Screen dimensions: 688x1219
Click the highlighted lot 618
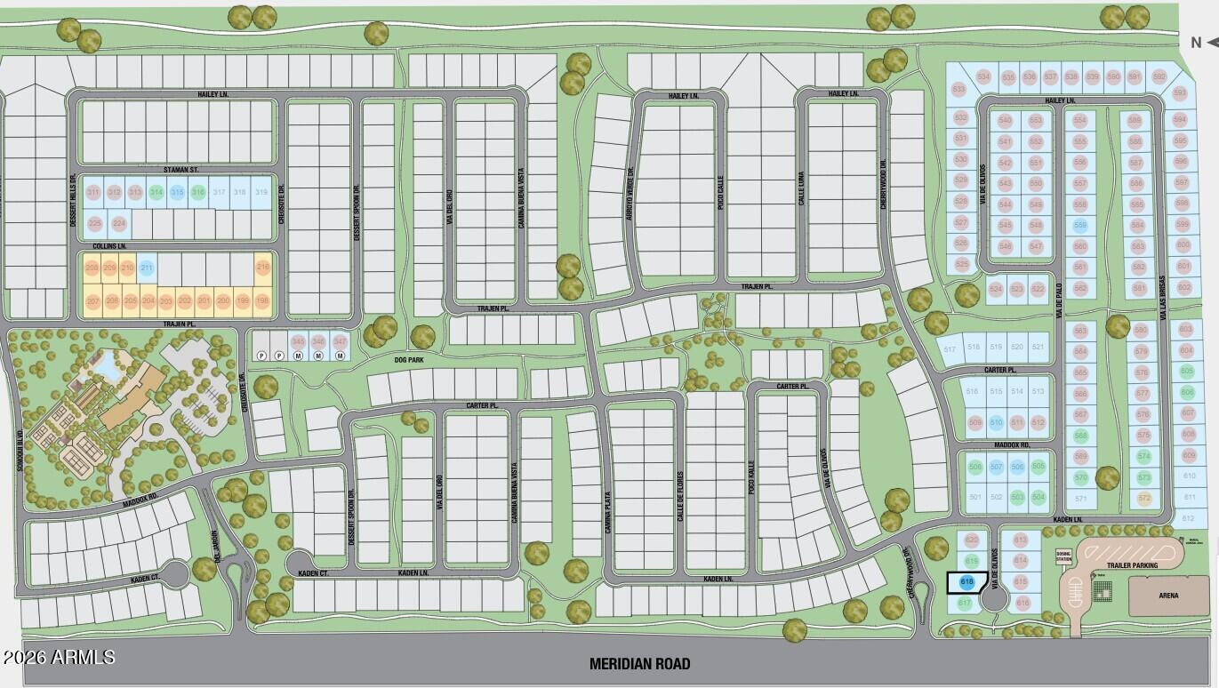tap(966, 582)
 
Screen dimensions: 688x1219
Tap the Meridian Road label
tap(639, 663)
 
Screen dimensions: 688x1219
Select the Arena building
tap(1169, 595)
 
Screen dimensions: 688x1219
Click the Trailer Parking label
tap(1131, 564)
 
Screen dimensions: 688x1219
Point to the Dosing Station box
tap(1063, 556)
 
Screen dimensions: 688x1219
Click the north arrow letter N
tap(1196, 42)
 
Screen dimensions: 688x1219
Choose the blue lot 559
tap(1080, 226)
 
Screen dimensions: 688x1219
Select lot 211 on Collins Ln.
tap(147, 268)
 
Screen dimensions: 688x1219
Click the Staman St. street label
tap(181, 169)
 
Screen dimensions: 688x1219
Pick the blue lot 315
tap(177, 193)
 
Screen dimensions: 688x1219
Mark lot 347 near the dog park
tap(339, 342)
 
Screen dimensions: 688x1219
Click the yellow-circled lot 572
tap(1143, 498)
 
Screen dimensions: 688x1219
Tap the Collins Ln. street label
tap(108, 245)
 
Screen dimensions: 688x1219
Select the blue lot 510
tap(997, 422)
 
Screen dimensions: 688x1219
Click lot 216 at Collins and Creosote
tap(262, 268)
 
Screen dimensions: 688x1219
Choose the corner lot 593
tap(1180, 93)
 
